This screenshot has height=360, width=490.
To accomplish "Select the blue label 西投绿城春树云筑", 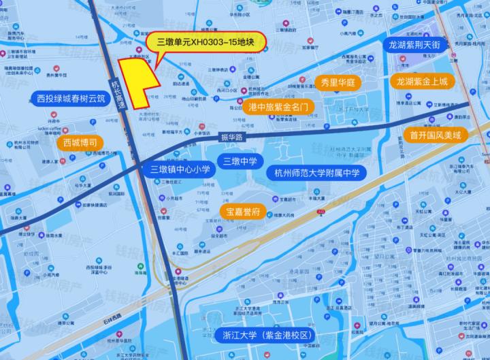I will [x=71, y=99].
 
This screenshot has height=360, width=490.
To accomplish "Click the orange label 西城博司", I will [x=80, y=143].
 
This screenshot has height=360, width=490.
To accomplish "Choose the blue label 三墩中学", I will [x=240, y=161].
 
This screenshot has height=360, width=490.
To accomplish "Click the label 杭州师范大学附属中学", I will [x=316, y=172].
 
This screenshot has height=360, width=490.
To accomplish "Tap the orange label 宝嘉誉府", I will [x=242, y=212].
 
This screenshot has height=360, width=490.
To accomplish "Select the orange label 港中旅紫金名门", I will [x=279, y=107].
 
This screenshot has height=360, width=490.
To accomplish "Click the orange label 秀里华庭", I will [x=338, y=82].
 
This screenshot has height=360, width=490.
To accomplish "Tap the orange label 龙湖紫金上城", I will [x=422, y=82].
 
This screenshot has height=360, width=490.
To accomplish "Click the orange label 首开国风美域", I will [x=436, y=135].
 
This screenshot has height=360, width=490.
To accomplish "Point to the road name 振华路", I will [x=231, y=137].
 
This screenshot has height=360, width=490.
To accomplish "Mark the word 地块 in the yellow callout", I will [x=243, y=42].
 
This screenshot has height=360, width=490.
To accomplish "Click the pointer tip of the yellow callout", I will [x=156, y=69].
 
